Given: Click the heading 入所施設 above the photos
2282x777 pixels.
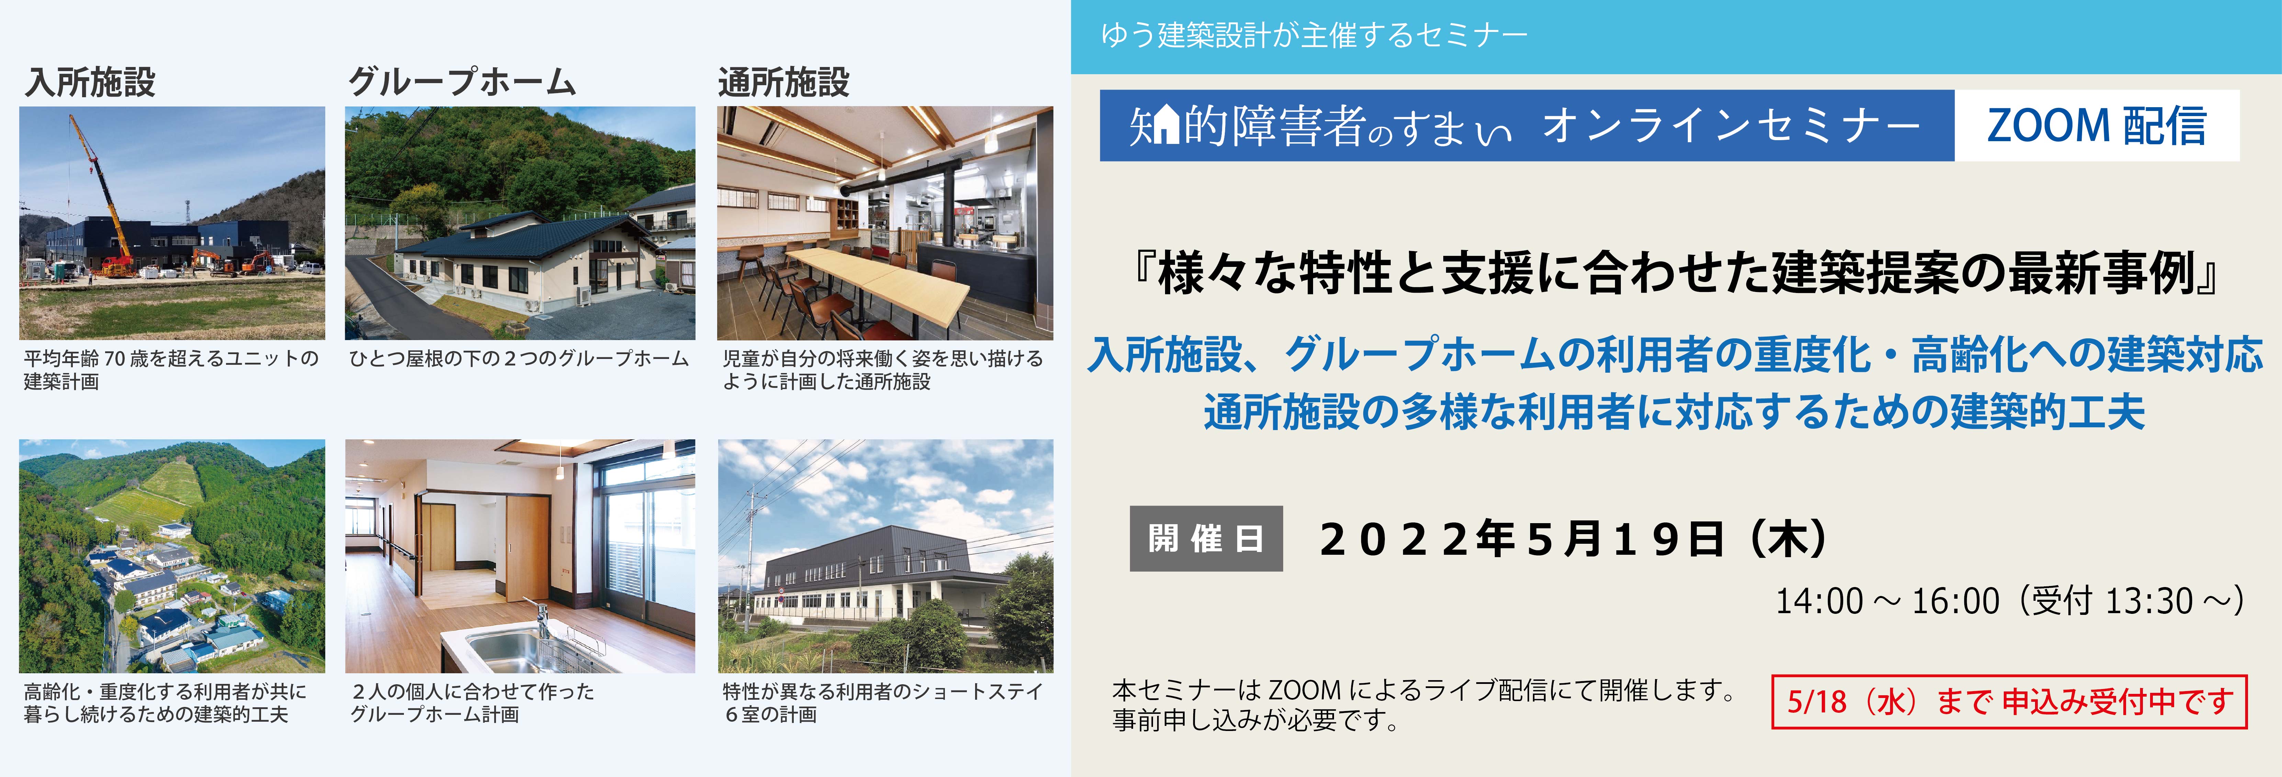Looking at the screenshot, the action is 90,82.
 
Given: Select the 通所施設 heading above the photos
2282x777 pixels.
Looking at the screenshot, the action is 783,82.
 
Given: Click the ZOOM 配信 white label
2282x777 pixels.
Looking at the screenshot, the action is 2096,126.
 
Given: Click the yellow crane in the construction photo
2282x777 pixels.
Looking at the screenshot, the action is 102,191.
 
